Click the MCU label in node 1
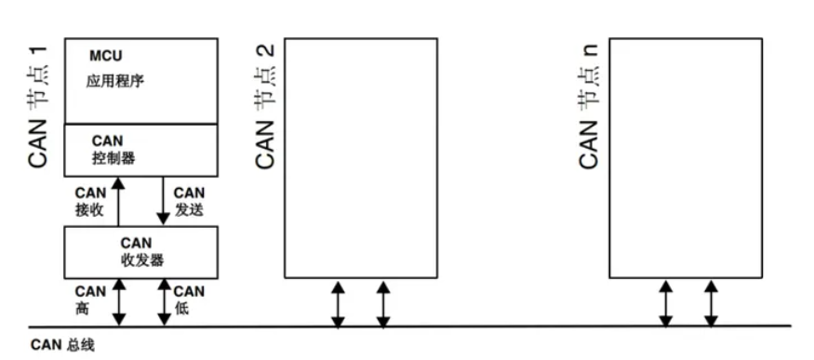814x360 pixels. point(100,57)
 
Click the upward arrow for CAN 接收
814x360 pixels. point(118,200)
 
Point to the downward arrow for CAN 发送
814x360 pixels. point(163,200)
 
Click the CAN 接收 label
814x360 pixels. point(90,201)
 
